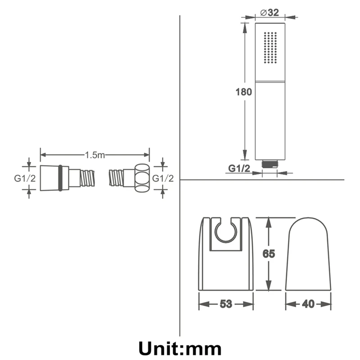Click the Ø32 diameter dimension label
(270, 13)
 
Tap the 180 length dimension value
(243, 92)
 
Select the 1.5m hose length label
(95, 155)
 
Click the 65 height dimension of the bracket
(269, 254)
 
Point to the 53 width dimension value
(226, 304)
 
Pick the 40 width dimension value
(308, 304)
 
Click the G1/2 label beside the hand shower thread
(239, 168)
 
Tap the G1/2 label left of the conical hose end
(25, 178)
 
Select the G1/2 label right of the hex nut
(163, 178)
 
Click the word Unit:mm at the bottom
(180, 348)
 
